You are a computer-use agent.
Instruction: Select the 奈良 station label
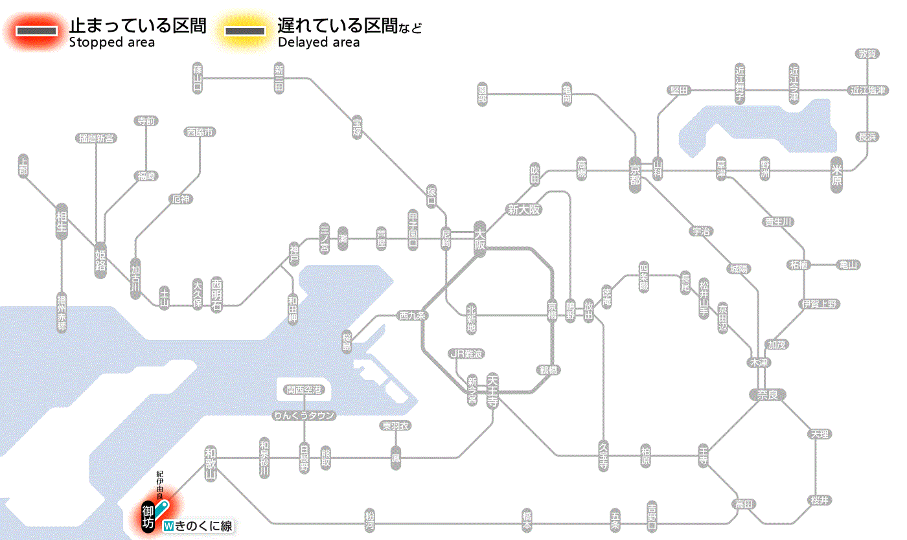(x=767, y=394)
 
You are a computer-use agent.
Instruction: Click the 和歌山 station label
(x=211, y=462)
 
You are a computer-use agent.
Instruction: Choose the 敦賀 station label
(x=867, y=54)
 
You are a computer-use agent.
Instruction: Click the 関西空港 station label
(x=304, y=390)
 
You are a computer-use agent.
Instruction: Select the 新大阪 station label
(x=524, y=210)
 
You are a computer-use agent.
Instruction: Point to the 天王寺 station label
(x=492, y=390)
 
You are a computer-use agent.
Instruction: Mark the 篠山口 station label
(x=198, y=78)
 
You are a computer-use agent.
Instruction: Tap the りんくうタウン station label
(x=304, y=416)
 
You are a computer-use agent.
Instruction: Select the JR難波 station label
(x=466, y=354)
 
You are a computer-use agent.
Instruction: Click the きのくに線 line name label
(x=198, y=526)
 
